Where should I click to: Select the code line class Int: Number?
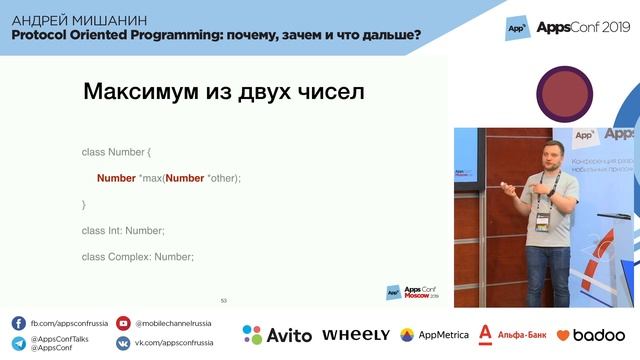pyautogui.click(x=123, y=230)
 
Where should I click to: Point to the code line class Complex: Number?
pyautogui.click(x=137, y=257)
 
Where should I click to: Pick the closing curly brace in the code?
pyautogui.click(x=84, y=204)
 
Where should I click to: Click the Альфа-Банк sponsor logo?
pyautogui.click(x=511, y=334)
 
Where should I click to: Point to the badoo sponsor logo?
pyautogui.click(x=590, y=335)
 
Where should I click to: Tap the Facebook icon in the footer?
pyautogui.click(x=19, y=323)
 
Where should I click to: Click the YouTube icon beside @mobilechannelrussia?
pyautogui.click(x=123, y=323)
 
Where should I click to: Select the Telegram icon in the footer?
pyautogui.click(x=19, y=343)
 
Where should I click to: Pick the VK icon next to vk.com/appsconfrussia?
pyautogui.click(x=123, y=343)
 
